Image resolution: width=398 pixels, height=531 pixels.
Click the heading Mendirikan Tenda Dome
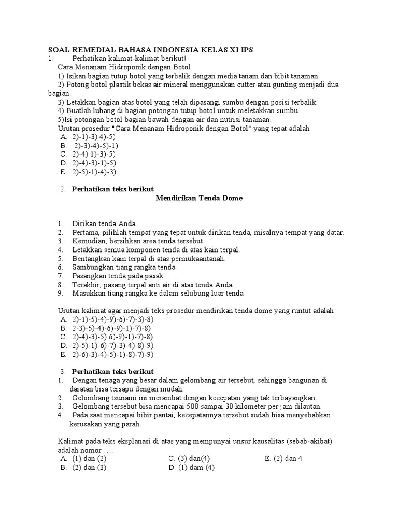point(199,198)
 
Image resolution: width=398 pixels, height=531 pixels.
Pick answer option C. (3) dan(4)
point(189,459)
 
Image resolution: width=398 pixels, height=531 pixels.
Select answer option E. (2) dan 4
point(283,459)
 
